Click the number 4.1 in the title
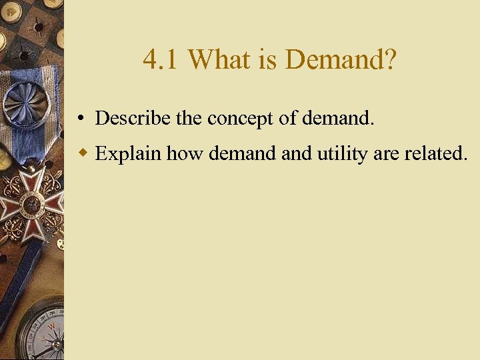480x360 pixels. (x=161, y=61)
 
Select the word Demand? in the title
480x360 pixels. (x=341, y=61)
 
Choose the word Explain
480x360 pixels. (x=128, y=154)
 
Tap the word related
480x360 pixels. (x=437, y=153)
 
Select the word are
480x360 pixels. (x=387, y=155)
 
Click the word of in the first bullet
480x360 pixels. (x=287, y=119)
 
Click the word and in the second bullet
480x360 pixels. (x=293, y=153)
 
